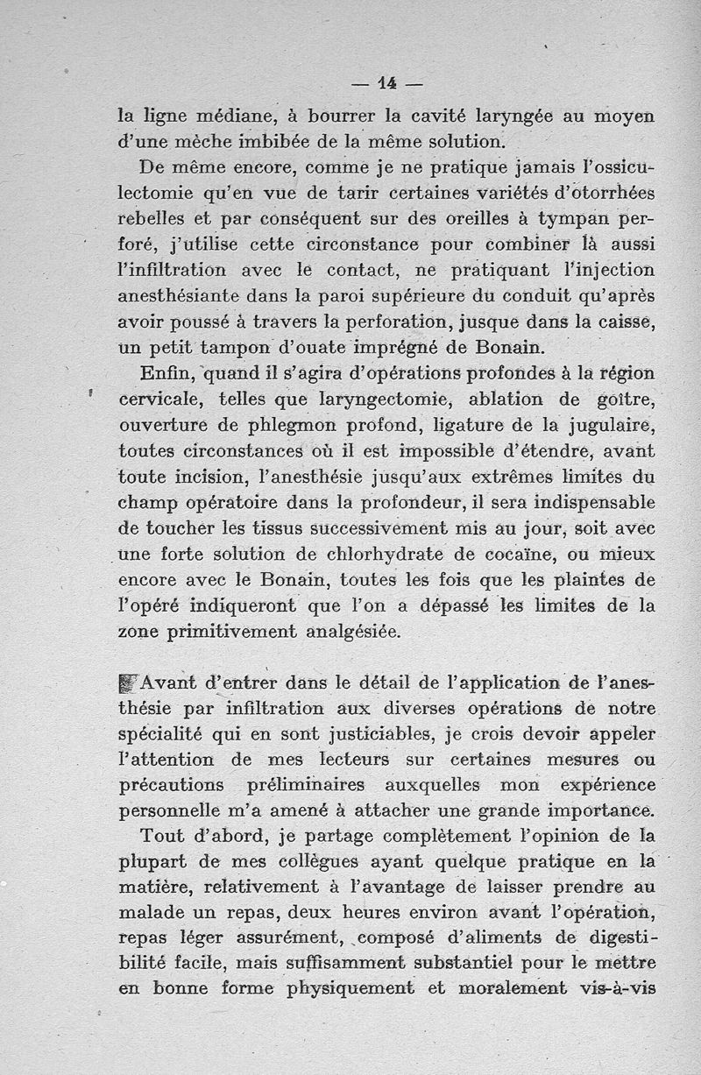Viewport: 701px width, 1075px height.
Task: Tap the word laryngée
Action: tap(512, 116)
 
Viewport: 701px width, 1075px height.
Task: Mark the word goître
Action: tap(624, 400)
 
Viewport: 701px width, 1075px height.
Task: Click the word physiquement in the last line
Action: tap(353, 989)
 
